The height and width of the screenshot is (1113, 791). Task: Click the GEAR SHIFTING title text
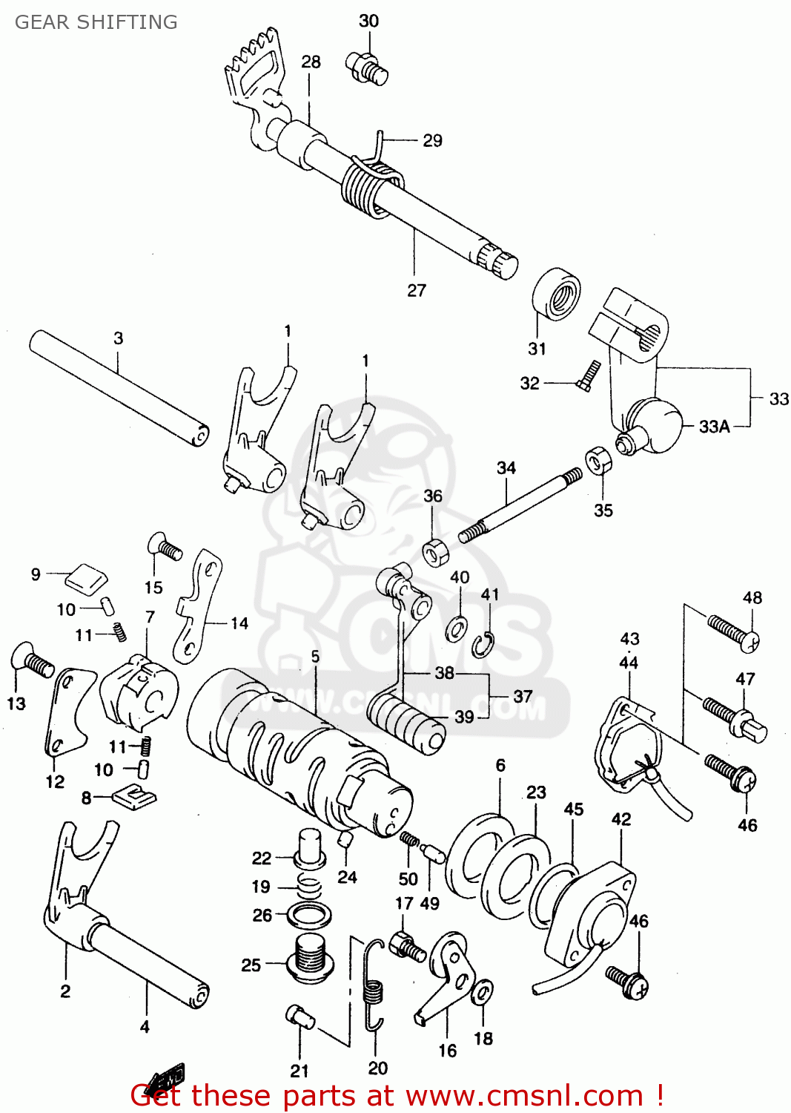point(96,22)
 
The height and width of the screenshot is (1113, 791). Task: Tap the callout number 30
point(368,21)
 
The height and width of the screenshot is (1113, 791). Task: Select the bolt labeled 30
point(366,67)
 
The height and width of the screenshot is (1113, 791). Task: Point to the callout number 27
point(417,290)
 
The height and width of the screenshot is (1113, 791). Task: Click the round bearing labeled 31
point(557,295)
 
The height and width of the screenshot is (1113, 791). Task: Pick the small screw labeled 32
point(588,375)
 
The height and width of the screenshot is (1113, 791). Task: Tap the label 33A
point(714,427)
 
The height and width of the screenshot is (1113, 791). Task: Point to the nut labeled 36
point(434,553)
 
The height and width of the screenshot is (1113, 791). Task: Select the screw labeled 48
point(734,633)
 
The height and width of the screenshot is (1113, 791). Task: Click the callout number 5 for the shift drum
point(315,656)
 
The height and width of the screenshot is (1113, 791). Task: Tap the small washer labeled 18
point(483,991)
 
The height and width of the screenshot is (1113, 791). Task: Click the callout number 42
point(621,819)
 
